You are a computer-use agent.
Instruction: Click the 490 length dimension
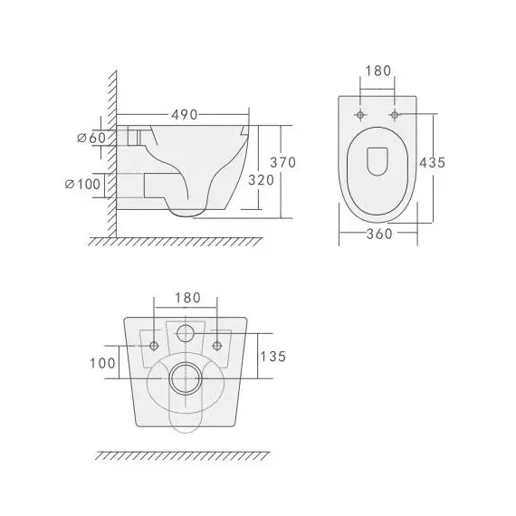pyautogui.click(x=186, y=115)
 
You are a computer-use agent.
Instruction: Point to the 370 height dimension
pyautogui.click(x=284, y=162)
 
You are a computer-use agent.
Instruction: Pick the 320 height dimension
pyautogui.click(x=261, y=179)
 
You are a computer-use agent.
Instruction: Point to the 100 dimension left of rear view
pyautogui.click(x=102, y=363)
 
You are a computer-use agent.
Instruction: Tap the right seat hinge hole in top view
pyautogui.click(x=395, y=115)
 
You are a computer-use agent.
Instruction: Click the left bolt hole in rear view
pyautogui.click(x=154, y=345)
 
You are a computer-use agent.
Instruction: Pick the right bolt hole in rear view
pyautogui.click(x=217, y=345)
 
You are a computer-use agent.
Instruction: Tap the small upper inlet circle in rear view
pyautogui.click(x=186, y=332)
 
